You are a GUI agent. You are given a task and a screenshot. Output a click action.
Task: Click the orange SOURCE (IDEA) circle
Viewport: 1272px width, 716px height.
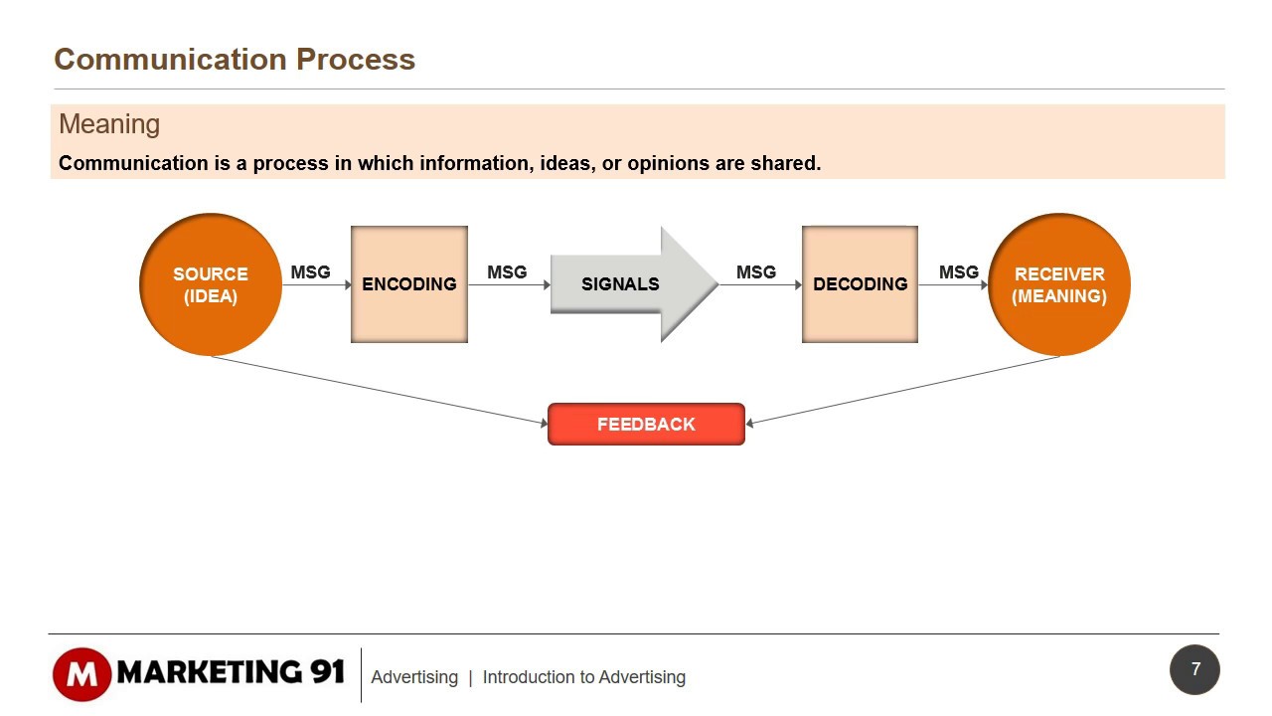(211, 284)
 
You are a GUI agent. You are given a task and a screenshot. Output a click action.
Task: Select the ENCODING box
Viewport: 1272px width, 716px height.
(408, 284)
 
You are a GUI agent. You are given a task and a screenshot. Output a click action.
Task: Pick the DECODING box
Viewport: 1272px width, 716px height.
(860, 284)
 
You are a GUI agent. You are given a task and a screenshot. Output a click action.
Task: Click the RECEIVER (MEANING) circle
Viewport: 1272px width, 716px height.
(1059, 284)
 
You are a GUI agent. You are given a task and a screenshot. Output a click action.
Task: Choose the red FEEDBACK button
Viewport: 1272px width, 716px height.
(646, 425)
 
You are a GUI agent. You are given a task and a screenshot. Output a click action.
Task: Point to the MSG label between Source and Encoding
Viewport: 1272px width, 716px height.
(310, 272)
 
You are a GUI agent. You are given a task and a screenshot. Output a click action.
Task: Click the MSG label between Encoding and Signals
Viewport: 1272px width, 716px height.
(507, 272)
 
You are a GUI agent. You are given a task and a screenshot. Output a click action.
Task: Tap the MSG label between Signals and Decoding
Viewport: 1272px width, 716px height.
(756, 272)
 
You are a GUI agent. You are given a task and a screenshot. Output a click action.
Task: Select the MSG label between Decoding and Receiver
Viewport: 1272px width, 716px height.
(959, 272)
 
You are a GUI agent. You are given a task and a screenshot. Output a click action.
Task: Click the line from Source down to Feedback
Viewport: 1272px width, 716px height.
(378, 390)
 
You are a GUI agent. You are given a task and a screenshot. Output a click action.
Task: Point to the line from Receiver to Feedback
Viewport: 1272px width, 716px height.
(904, 390)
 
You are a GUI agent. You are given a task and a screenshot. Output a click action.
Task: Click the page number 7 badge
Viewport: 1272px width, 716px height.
(1194, 669)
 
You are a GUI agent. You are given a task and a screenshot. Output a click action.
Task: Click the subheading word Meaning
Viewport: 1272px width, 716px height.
(109, 124)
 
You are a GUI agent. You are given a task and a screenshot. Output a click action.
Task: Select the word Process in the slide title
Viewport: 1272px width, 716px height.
(356, 60)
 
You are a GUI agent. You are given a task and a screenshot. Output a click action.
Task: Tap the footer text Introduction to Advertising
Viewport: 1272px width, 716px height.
(584, 677)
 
